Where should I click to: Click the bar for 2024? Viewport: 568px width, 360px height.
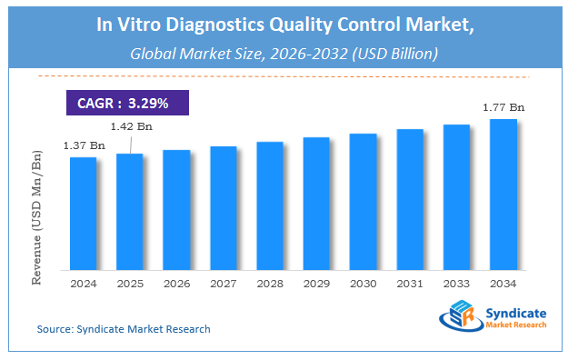(x=84, y=214)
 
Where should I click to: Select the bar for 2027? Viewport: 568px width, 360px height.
(x=223, y=208)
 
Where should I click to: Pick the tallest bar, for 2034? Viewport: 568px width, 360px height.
(x=503, y=195)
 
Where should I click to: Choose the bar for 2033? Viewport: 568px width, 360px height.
(x=456, y=197)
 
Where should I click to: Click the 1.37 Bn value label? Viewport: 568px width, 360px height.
(x=83, y=145)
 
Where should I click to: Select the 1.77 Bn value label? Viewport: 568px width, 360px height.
(x=504, y=107)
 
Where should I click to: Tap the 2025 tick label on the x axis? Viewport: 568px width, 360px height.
(x=130, y=283)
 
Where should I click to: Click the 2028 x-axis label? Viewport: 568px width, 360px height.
(x=270, y=283)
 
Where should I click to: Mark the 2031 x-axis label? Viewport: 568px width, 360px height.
(x=410, y=283)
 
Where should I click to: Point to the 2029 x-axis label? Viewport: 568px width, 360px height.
(x=316, y=283)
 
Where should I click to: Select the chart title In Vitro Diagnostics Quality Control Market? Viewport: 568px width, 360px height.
(x=284, y=25)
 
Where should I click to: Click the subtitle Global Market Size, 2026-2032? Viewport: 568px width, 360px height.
(x=284, y=54)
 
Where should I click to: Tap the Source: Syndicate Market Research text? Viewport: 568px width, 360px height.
(x=124, y=329)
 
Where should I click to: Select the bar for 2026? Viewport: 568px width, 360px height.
(x=176, y=210)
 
